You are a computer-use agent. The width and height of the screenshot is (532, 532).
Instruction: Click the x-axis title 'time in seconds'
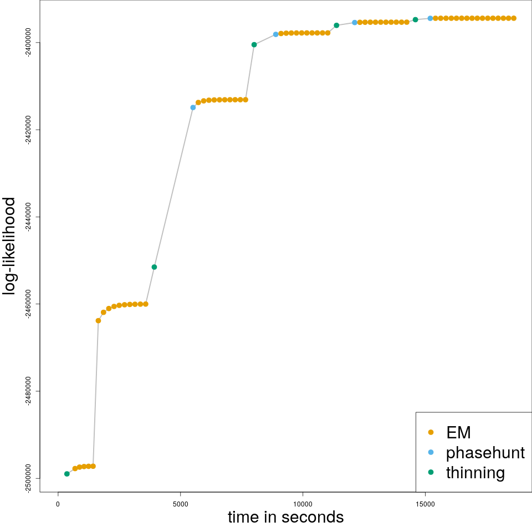pyautogui.click(x=285, y=517)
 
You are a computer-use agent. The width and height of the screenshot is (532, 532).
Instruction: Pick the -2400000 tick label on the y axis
pyautogui.click(x=28, y=43)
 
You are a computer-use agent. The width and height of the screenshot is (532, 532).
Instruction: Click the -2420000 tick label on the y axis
pyautogui.click(x=28, y=130)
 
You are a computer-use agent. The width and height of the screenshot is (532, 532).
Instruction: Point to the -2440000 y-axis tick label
pyautogui.click(x=28, y=217)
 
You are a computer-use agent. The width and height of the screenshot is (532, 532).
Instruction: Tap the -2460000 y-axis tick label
pyautogui.click(x=28, y=304)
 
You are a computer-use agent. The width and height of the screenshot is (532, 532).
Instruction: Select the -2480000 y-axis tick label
pyautogui.click(x=28, y=391)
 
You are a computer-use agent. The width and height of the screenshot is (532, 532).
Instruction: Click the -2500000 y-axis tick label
pyautogui.click(x=28, y=478)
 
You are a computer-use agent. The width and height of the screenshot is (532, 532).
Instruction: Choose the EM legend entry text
pyautogui.click(x=458, y=432)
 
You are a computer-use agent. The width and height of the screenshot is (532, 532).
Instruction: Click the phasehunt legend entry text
pyautogui.click(x=485, y=453)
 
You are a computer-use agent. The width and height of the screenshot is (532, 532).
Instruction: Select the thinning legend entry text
pyautogui.click(x=475, y=473)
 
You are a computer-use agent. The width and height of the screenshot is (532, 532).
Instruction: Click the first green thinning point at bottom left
pyautogui.click(x=67, y=474)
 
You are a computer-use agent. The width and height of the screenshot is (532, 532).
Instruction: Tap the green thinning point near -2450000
pyautogui.click(x=154, y=267)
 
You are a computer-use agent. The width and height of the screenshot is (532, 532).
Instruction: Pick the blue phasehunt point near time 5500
pyautogui.click(x=193, y=108)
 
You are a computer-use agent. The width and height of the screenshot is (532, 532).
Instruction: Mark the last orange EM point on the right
pyautogui.click(x=514, y=18)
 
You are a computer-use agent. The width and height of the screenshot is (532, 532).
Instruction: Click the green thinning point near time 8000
pyautogui.click(x=254, y=45)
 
